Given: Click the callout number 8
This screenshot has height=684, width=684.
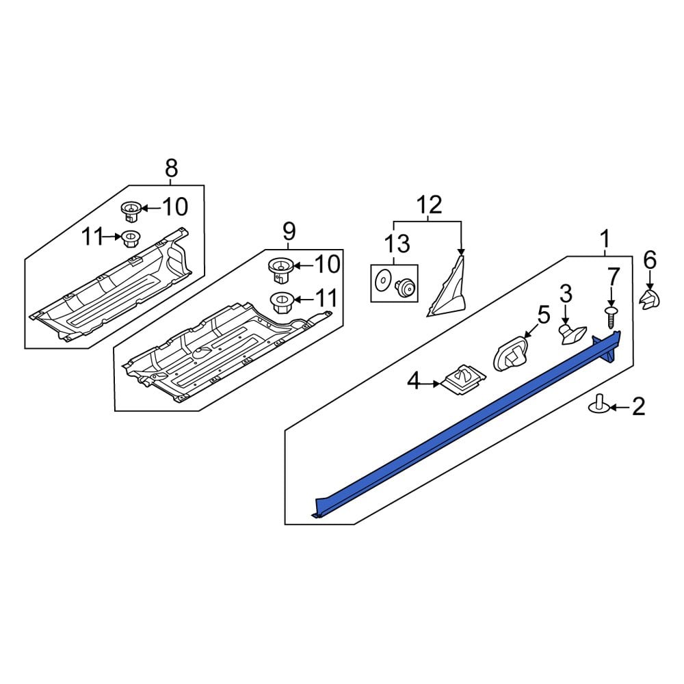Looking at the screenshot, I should tap(170, 167).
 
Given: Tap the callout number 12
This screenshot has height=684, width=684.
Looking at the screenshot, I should tap(430, 205).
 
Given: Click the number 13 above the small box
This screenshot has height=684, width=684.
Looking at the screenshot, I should tap(397, 244).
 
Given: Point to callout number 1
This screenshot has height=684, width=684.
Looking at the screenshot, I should tap(605, 239).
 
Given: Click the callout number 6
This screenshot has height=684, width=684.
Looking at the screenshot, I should tap(649, 260).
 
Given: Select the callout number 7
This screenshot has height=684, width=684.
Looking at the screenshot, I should tap(613, 277).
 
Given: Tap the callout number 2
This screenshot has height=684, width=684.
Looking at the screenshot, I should tap(638, 408).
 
